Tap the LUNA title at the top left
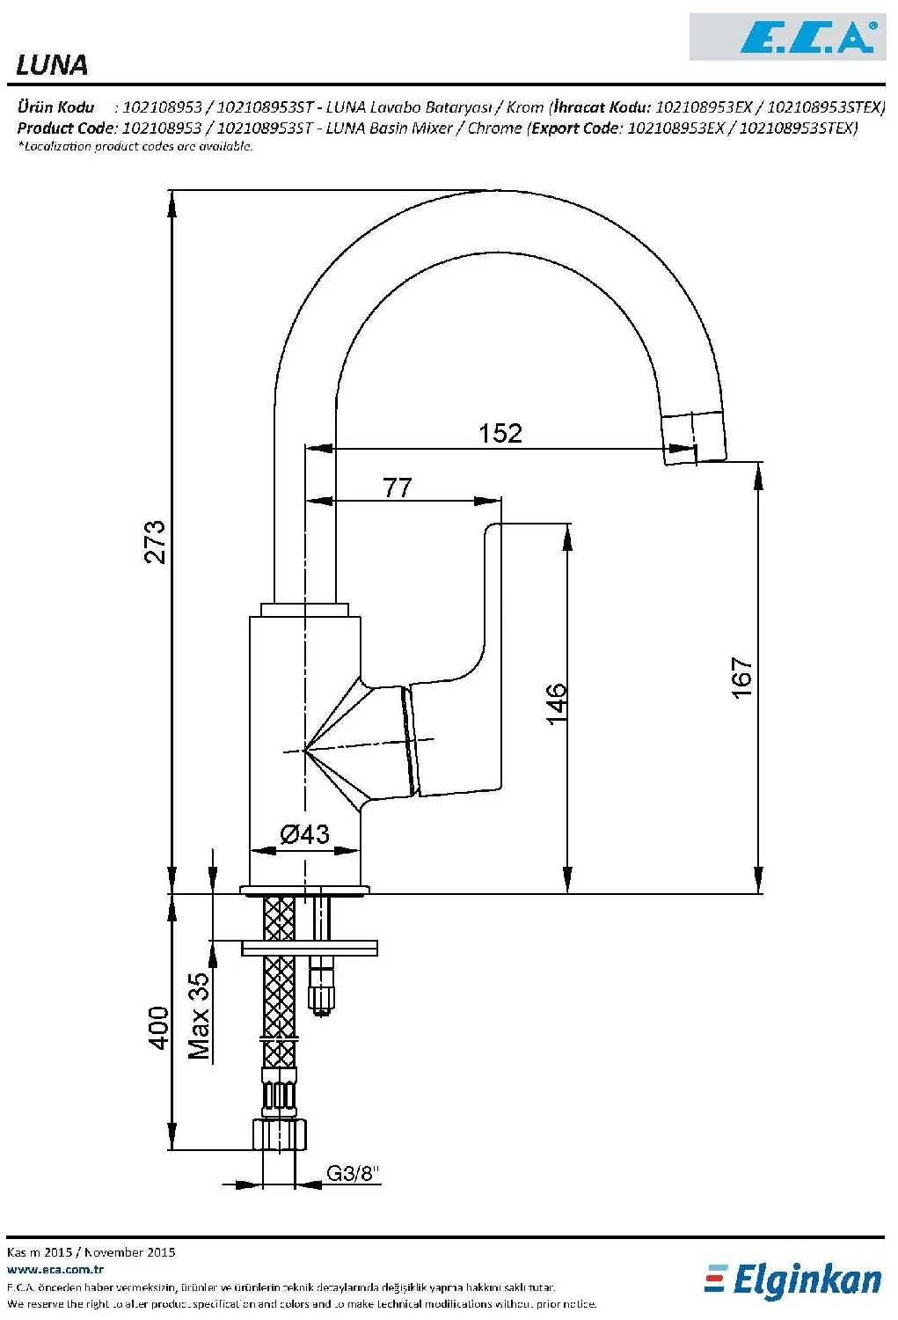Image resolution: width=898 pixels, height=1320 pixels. pyautogui.click(x=52, y=65)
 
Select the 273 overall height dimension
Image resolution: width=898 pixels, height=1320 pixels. pyautogui.click(x=155, y=541)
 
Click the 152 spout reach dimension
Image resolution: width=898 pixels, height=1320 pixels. pyautogui.click(x=500, y=433)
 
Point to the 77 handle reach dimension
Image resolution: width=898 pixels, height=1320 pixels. pyautogui.click(x=398, y=488)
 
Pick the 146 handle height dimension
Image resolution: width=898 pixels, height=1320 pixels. pyautogui.click(x=557, y=704)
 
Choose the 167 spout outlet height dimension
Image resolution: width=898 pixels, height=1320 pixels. pyautogui.click(x=742, y=678)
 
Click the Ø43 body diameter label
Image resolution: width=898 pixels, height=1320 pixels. pyautogui.click(x=304, y=834)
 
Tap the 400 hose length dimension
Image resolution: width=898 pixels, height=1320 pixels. pyautogui.click(x=157, y=1028)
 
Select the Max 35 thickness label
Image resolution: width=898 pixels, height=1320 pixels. pyautogui.click(x=199, y=1016)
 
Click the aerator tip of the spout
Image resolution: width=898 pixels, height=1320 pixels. pyautogui.click(x=695, y=438)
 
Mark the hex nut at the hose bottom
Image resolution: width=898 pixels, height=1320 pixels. pyautogui.click(x=280, y=1134)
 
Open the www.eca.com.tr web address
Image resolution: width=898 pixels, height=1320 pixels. pyautogui.click(x=55, y=1269)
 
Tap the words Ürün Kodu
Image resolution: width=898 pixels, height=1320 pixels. pyautogui.click(x=56, y=107)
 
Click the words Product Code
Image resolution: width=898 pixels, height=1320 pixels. pyautogui.click(x=65, y=128)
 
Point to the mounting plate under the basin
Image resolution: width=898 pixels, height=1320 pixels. pyautogui.click(x=309, y=948)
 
